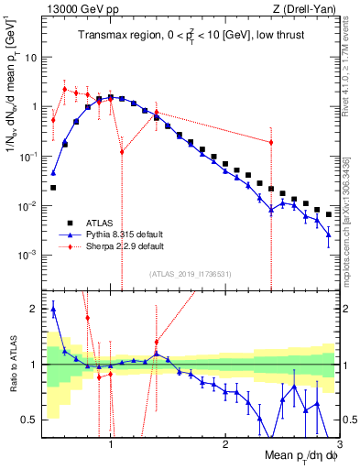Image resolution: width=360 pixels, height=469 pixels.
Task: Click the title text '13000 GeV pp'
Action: (72, 10)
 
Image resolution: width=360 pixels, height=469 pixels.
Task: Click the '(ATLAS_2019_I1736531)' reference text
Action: (191, 274)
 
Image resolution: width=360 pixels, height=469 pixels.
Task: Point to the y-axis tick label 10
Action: (30, 57)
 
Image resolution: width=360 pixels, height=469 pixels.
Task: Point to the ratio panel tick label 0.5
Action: (29, 420)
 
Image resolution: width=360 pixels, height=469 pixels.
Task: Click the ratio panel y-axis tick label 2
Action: (33, 309)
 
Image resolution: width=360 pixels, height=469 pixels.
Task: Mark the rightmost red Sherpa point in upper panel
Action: (271, 142)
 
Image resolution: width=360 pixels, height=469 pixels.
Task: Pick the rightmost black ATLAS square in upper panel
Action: (329, 214)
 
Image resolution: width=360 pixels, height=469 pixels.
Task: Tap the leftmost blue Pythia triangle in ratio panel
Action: (53, 310)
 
